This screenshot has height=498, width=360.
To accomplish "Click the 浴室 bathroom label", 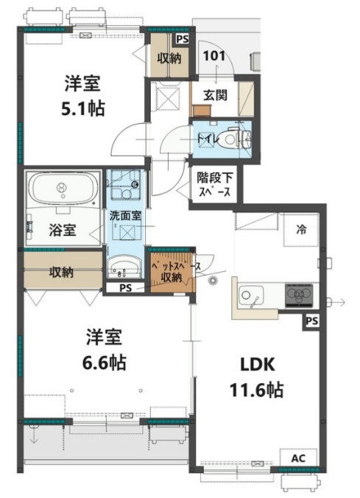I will [63, 229].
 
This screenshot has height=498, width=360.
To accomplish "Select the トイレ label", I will [205, 137].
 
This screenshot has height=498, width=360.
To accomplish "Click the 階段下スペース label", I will [214, 184].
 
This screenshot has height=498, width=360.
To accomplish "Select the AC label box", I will [297, 458].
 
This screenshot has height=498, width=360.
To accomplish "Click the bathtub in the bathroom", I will [62, 188].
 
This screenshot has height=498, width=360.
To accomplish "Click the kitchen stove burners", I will [298, 295].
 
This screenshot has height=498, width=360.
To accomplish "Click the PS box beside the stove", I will [312, 320].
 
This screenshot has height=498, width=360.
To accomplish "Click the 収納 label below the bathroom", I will [61, 273].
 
